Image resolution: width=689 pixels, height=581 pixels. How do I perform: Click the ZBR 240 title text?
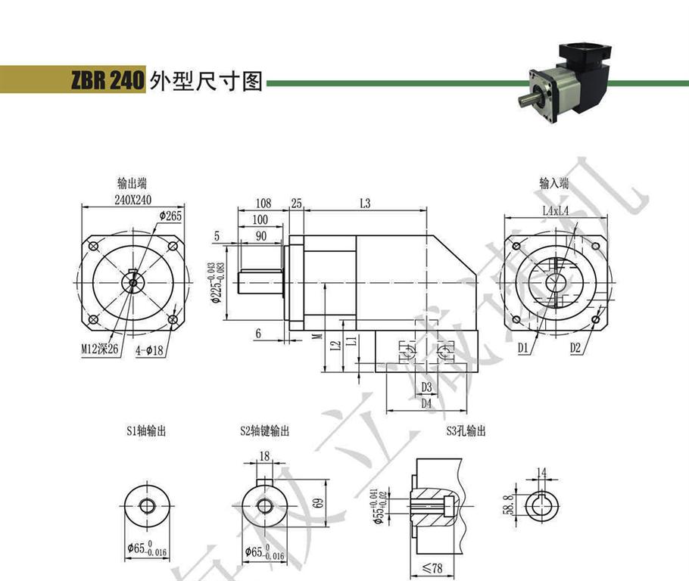coord(107,81)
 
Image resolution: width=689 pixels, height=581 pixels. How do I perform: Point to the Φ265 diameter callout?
coord(171,216)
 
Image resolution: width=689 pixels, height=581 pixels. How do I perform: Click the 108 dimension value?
coord(263,204)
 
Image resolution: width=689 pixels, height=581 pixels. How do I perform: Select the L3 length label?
coord(364,204)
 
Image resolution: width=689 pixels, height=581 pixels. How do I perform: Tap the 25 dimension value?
coord(296,204)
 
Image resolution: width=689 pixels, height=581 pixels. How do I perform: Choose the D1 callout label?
coord(522,348)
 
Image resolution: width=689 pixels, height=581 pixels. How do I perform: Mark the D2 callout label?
coord(575,348)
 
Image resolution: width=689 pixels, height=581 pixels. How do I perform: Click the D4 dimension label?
coord(426,403)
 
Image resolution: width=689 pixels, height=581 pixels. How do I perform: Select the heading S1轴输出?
coord(145,431)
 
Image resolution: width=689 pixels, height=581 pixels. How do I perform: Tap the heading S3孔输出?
coord(466,431)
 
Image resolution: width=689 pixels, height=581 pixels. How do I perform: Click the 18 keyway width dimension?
coord(263,456)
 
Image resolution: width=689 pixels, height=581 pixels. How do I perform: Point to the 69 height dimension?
coord(297,502)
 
